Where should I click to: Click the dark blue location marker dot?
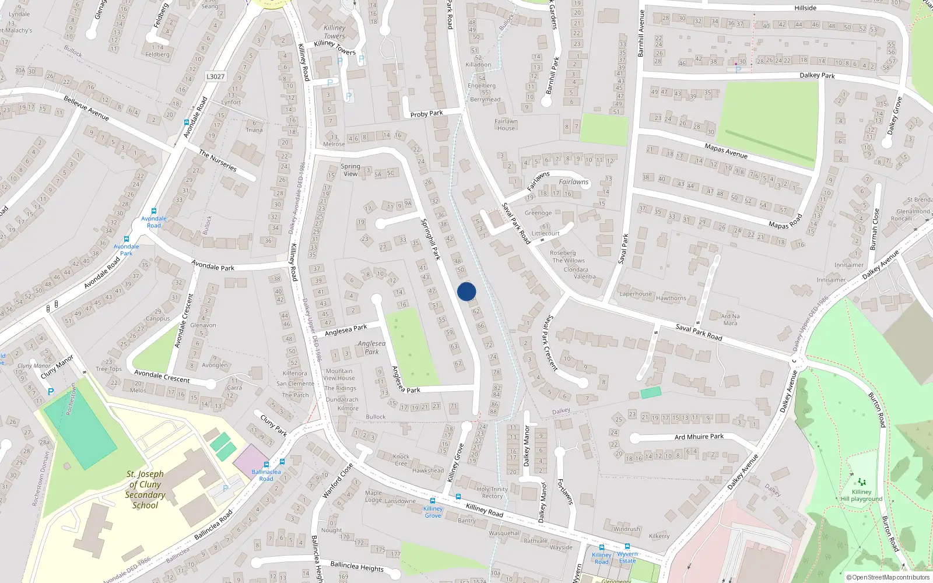pyautogui.click(x=466, y=291)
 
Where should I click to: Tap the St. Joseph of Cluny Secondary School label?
pyautogui.click(x=145, y=490)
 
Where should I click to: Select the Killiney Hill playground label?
pyautogui.click(x=861, y=495)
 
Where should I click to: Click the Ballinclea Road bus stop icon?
pyautogui.click(x=266, y=465)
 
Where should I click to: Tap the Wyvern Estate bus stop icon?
pyautogui.click(x=627, y=547)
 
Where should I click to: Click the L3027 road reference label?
pyautogui.click(x=215, y=76)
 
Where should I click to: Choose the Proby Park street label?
pyautogui.click(x=426, y=114)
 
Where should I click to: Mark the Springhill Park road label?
pyautogui.click(x=431, y=239)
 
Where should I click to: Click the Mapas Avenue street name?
pyautogui.click(x=726, y=151)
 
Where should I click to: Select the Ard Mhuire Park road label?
pyautogui.click(x=699, y=437)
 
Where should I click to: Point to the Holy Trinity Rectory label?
pyautogui.click(x=492, y=493)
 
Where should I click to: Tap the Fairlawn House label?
pyautogui.click(x=506, y=125)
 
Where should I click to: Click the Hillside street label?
pyautogui.click(x=805, y=8)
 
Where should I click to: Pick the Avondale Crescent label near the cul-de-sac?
pyautogui.click(x=162, y=376)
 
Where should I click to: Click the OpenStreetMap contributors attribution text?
pyautogui.click(x=888, y=578)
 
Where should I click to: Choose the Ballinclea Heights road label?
pyautogui.click(x=357, y=566)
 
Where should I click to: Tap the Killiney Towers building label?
pyautogui.click(x=335, y=31)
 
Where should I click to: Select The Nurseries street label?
pyautogui.click(x=218, y=161)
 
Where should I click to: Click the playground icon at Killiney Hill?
pyautogui.click(x=861, y=482)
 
